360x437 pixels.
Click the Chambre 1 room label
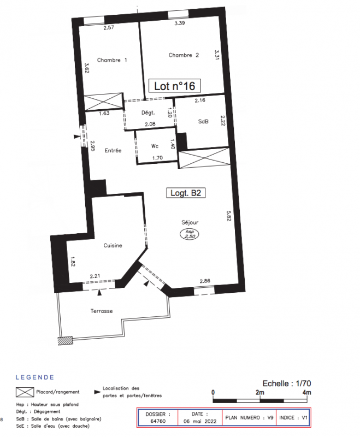tap(112, 60)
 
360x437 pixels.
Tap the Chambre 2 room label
tap(184, 55)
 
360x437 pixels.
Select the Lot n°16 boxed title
tap(174, 86)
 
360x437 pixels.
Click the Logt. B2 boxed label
tap(186, 193)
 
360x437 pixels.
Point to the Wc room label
tap(155, 146)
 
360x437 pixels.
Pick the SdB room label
tap(203, 121)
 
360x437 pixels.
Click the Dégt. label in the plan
tap(148, 113)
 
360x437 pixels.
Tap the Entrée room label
tap(113, 151)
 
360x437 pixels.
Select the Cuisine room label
tap(113, 245)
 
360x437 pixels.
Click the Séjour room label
tap(190, 222)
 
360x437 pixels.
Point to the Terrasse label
tap(102, 311)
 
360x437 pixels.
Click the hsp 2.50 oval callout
tap(190, 234)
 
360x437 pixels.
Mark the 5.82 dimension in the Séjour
tap(229, 216)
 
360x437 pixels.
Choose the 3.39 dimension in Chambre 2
tap(180, 23)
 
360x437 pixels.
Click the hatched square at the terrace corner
tap(66, 341)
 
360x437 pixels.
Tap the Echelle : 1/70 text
tap(287, 383)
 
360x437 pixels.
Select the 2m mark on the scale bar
tap(259, 392)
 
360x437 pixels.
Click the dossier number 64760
tap(158, 421)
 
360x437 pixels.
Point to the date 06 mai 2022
tap(200, 421)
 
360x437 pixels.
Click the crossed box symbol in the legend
tap(25, 392)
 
